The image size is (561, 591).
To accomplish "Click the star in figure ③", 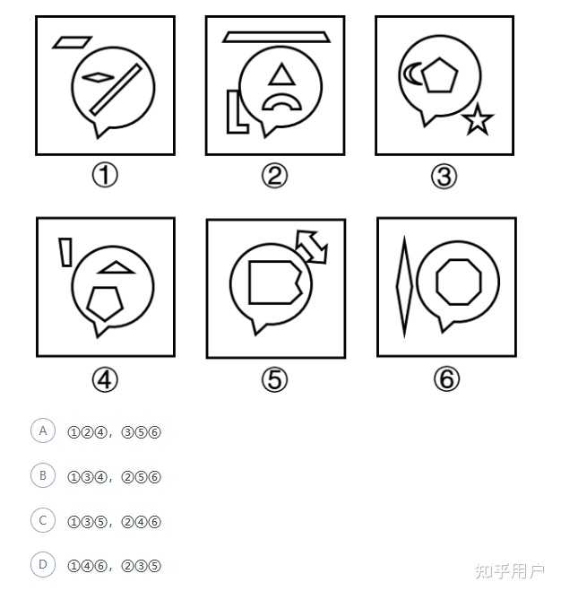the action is pos(478,120).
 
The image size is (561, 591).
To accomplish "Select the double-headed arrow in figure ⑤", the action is pos(313,247).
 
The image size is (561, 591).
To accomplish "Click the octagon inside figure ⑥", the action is pos(459,282).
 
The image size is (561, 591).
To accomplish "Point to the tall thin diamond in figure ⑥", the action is pos(405,286).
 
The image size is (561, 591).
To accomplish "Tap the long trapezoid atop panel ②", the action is pos(276,37).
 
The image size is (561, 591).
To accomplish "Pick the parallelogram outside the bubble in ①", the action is pos(72,42).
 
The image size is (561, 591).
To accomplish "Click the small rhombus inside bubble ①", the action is pos(98,77).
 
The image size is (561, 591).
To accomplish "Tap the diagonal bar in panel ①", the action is pos(116,90).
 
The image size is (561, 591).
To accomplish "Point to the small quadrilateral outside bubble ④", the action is pos(65,252).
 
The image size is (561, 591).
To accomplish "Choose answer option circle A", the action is pos(43,430).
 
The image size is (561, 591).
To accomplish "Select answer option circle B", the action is pos(43,475).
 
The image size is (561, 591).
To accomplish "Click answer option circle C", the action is pos(43,520).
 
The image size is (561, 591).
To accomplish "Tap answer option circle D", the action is pos(43,565).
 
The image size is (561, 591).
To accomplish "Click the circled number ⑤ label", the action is pos(274,379).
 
